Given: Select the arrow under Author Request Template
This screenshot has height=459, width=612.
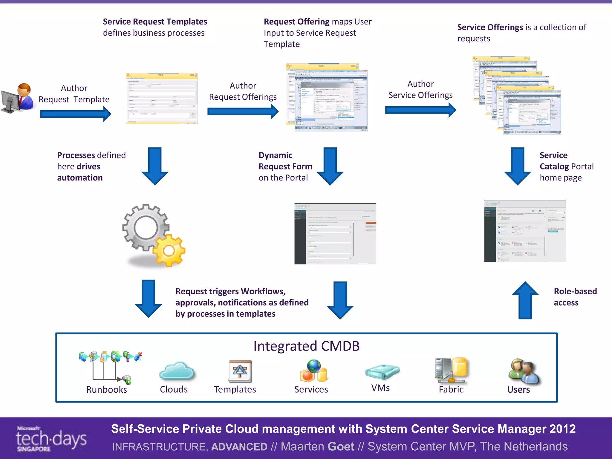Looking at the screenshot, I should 75,114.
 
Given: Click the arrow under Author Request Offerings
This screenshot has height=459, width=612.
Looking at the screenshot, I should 243,111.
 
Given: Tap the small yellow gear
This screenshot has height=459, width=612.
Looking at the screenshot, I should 169,250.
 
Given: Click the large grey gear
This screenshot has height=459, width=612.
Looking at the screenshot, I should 145,227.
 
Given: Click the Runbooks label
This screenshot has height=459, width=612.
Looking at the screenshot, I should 106,390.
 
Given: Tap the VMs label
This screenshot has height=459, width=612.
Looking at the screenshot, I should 380,388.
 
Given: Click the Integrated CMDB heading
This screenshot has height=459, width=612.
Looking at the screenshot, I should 306,346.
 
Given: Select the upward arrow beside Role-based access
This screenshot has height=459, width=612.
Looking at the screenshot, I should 525,300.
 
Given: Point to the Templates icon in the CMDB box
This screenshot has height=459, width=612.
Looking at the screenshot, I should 240,371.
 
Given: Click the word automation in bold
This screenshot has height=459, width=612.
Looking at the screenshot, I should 80,178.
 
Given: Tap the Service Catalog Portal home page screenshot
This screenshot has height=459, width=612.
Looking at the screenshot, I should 525,231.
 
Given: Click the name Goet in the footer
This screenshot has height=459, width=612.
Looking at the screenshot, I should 341,446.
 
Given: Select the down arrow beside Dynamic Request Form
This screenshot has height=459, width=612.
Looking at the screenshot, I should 330,166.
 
